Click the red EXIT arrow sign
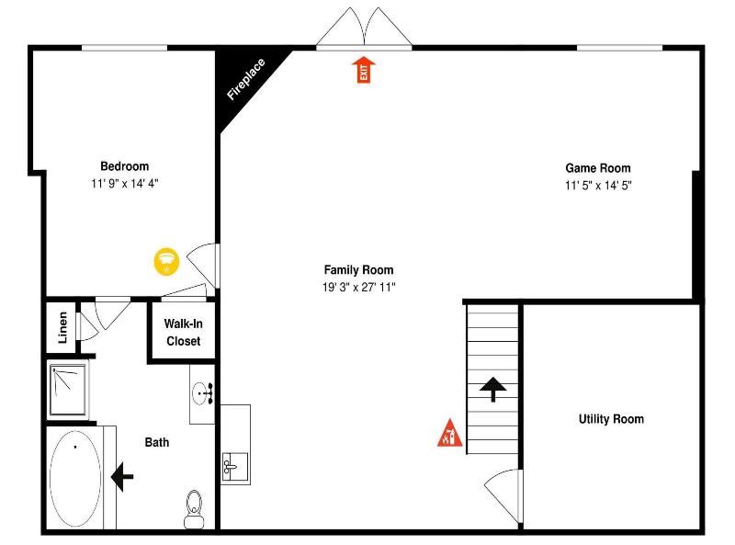point(363,70)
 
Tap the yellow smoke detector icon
point(166,262)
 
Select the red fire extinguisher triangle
point(449,434)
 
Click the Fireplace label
point(245,79)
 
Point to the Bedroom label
point(125,166)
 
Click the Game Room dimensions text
point(598,186)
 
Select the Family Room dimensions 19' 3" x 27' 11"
point(358,287)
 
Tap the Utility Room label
point(611,419)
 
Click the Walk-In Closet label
point(183,332)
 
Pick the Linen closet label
point(62,327)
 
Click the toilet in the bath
point(194,509)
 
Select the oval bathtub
point(75,479)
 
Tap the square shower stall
point(68,391)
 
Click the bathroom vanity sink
point(202,393)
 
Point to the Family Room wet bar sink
point(235,467)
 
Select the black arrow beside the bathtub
point(122,476)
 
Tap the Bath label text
point(157,442)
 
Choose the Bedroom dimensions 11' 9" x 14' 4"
point(125,184)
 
